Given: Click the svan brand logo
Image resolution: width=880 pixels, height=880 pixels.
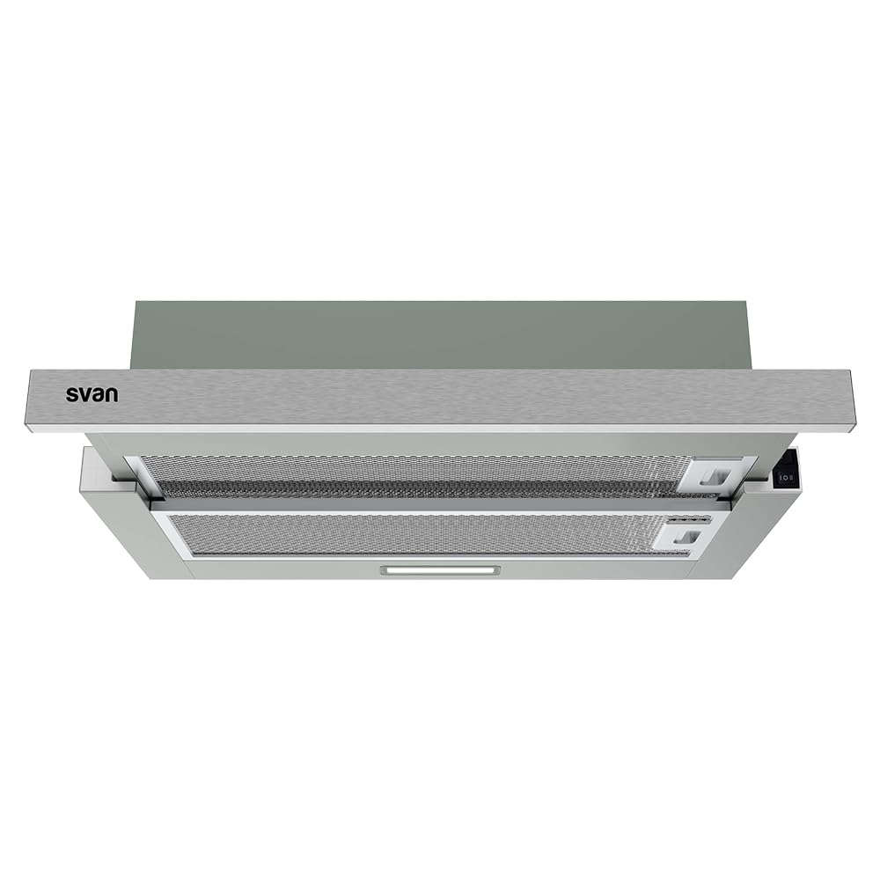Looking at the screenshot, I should [x=92, y=393].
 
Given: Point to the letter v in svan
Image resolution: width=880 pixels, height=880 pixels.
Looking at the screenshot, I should [x=84, y=394].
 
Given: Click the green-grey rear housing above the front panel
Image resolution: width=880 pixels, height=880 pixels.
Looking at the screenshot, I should [x=440, y=334].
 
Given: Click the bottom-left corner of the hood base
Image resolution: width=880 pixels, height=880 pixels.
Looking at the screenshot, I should [x=151, y=576].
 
